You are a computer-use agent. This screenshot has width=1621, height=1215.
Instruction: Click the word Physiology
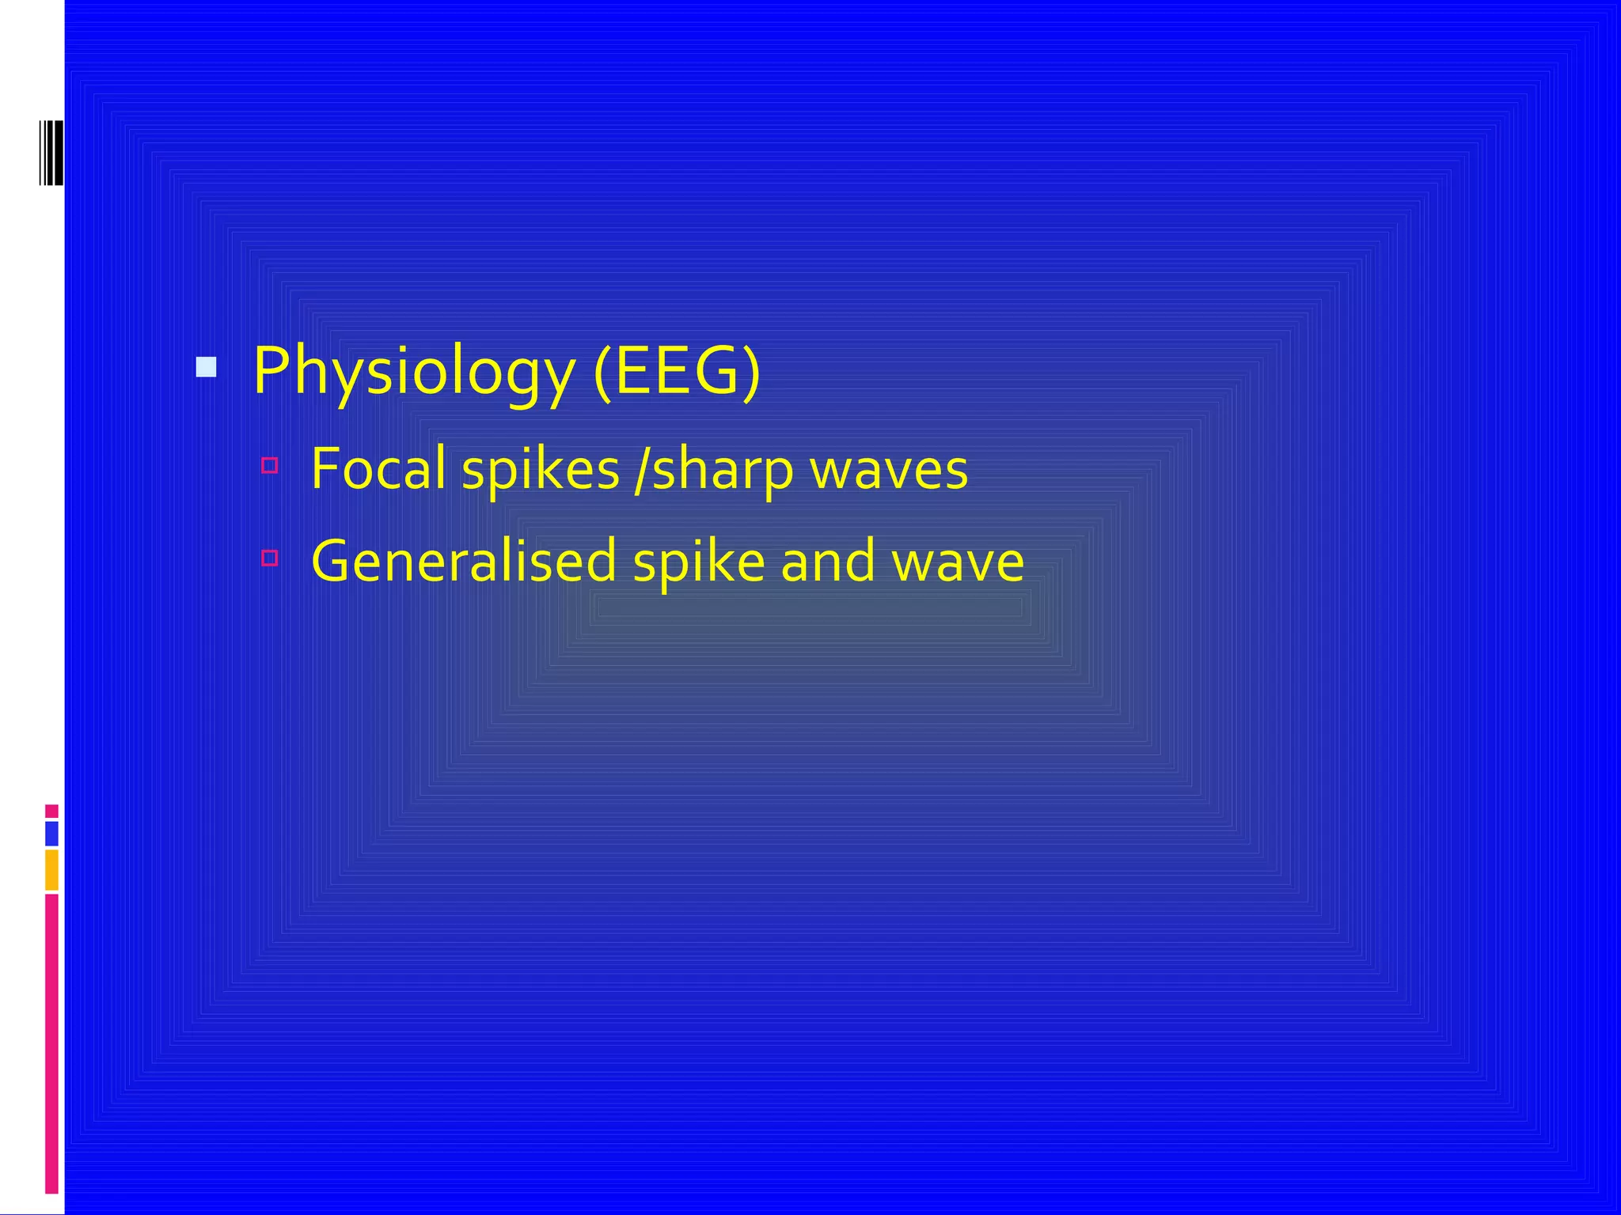pyautogui.click(x=414, y=372)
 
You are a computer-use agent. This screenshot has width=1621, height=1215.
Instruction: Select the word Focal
pyautogui.click(x=378, y=468)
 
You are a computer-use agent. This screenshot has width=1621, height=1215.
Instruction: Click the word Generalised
pyautogui.click(x=464, y=561)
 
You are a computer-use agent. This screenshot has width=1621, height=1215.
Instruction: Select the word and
pyautogui.click(x=827, y=561)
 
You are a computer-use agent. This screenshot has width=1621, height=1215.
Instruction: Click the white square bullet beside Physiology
pyautogui.click(x=206, y=367)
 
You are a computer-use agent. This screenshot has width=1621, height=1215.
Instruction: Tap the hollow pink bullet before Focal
pyautogui.click(x=269, y=465)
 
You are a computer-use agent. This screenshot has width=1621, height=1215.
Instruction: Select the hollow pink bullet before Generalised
pyautogui.click(x=269, y=558)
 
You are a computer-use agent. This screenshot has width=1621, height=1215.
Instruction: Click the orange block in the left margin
pyautogui.click(x=51, y=869)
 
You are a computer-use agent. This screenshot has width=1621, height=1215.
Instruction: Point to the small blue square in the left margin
pyautogui.click(x=51, y=833)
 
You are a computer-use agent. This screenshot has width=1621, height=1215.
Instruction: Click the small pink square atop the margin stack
pyautogui.click(x=51, y=811)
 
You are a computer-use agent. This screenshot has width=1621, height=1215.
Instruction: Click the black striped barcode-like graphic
pyautogui.click(x=51, y=153)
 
